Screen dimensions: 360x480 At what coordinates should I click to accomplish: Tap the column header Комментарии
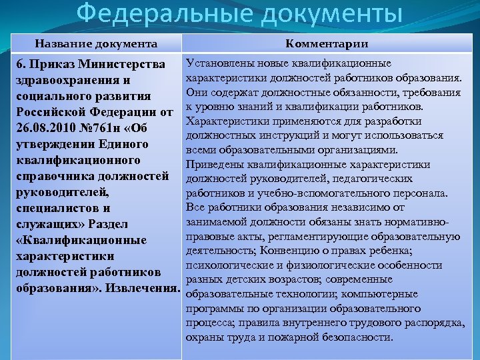(327, 44)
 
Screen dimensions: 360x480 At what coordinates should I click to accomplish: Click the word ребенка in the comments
(393, 249)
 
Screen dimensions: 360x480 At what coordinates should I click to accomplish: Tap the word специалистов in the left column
(57, 209)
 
